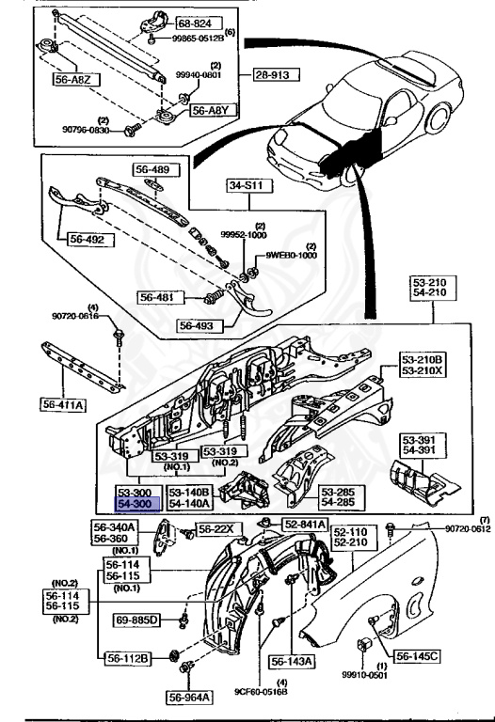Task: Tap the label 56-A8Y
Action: (x=210, y=110)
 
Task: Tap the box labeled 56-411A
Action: (x=63, y=404)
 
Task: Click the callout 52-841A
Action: (x=303, y=525)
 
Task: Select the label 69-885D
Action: (x=137, y=620)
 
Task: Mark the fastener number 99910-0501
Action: (x=363, y=700)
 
